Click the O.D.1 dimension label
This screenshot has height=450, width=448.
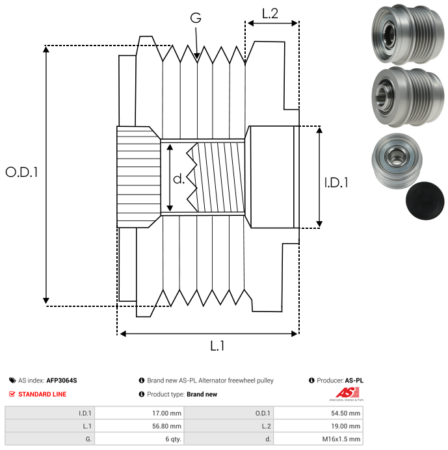22,172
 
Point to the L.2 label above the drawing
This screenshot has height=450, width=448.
270,12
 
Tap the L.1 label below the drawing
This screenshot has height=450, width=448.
217,347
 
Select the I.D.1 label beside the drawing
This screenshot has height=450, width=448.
336,183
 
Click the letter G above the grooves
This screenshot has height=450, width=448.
195,19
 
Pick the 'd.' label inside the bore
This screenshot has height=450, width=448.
178,178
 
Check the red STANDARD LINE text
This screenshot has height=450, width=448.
42,394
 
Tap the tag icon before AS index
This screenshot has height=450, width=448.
12,380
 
